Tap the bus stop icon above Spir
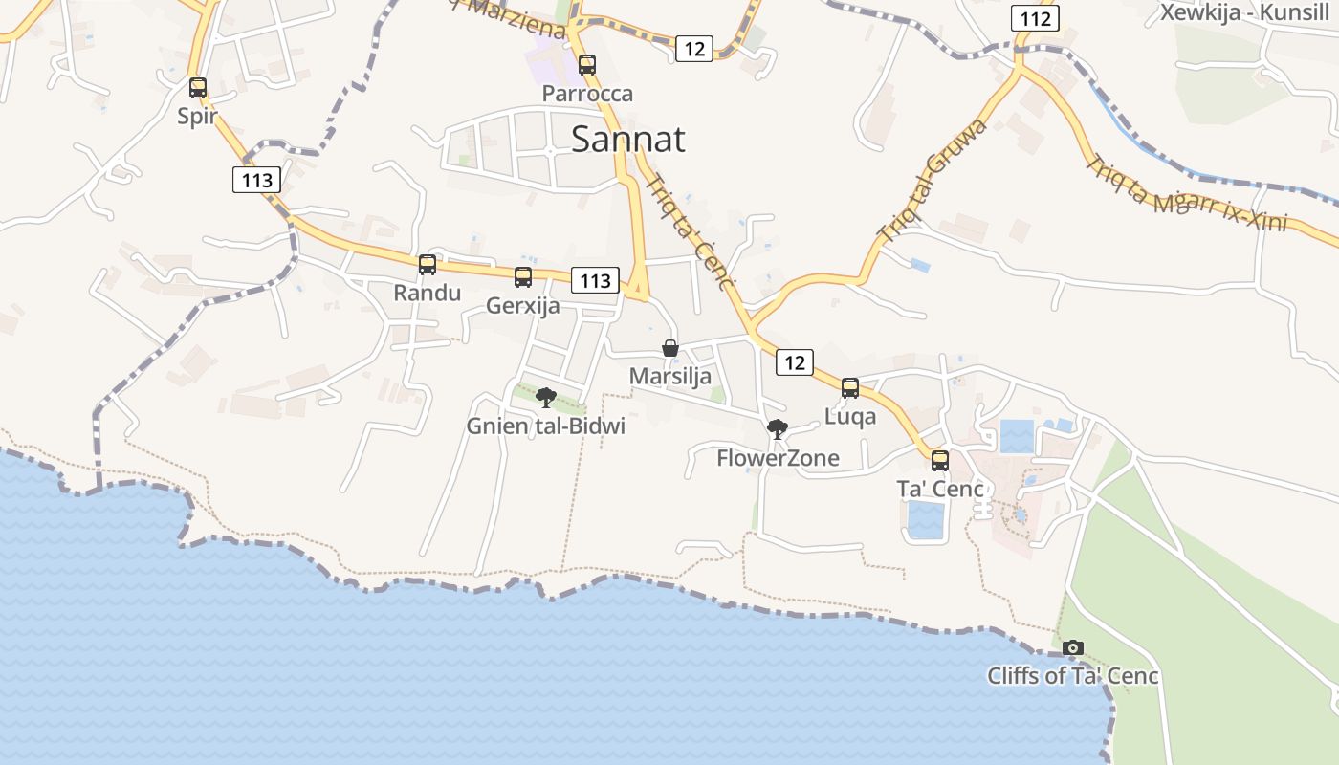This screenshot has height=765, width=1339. click(198, 88)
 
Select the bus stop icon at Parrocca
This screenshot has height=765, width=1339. click(587, 65)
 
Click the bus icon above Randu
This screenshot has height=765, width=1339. click(428, 265)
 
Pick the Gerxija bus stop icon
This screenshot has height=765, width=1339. click(523, 277)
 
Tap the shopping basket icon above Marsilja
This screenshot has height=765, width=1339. click(670, 348)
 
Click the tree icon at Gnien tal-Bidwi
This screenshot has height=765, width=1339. click(546, 398)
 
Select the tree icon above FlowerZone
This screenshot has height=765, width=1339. click(778, 429)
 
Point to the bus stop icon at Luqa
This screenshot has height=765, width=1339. click(850, 388)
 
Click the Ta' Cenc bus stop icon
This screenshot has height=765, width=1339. click(940, 461)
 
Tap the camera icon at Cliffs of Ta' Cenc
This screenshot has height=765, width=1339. click(1073, 648)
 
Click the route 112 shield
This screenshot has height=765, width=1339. click(1036, 19)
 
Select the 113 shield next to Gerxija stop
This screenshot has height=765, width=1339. click(595, 280)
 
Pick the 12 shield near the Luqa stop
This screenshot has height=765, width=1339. click(795, 362)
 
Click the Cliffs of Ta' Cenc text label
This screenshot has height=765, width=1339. click(1073, 676)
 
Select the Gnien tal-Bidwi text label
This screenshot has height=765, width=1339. click(546, 426)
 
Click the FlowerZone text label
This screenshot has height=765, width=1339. click(778, 458)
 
